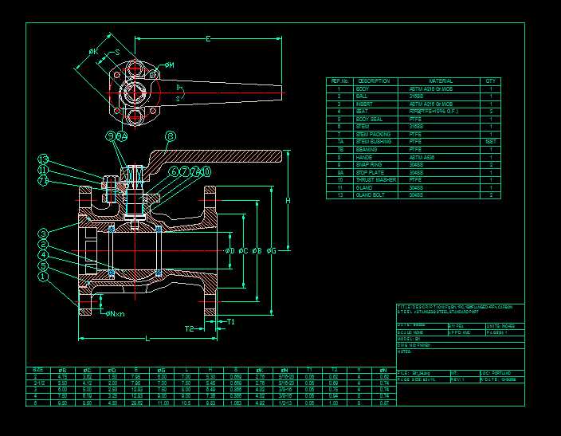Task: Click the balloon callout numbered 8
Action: pyautogui.click(x=170, y=136)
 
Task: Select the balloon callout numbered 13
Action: pyautogui.click(x=44, y=159)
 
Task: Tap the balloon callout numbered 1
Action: pyautogui.click(x=44, y=277)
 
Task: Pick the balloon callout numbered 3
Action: pyautogui.click(x=44, y=234)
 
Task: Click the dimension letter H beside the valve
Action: pyautogui.click(x=288, y=201)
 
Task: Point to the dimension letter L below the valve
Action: pyautogui.click(x=147, y=339)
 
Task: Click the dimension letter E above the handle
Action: pyautogui.click(x=208, y=38)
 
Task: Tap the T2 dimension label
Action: pyautogui.click(x=190, y=328)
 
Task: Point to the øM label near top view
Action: pyautogui.click(x=170, y=64)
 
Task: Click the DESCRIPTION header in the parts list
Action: pyautogui.click(x=373, y=81)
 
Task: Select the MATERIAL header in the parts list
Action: pyautogui.click(x=441, y=81)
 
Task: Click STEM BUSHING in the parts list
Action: pyautogui.click(x=373, y=142)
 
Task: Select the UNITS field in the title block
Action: pyautogui.click(x=499, y=326)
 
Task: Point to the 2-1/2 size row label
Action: pyautogui.click(x=38, y=382)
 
